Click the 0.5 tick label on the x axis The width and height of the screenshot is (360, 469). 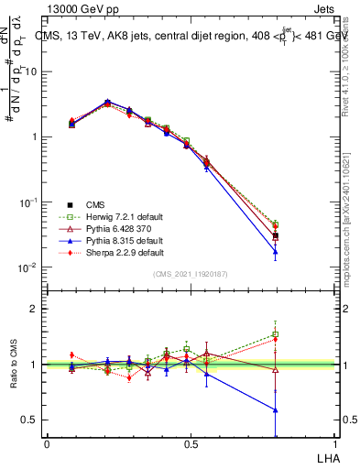click(190, 443)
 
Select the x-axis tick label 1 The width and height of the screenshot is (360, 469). click(333, 443)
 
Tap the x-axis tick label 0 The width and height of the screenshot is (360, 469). click(47, 443)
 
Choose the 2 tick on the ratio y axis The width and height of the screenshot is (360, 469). click(38, 309)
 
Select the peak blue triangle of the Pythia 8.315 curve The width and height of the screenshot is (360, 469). click(108, 102)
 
